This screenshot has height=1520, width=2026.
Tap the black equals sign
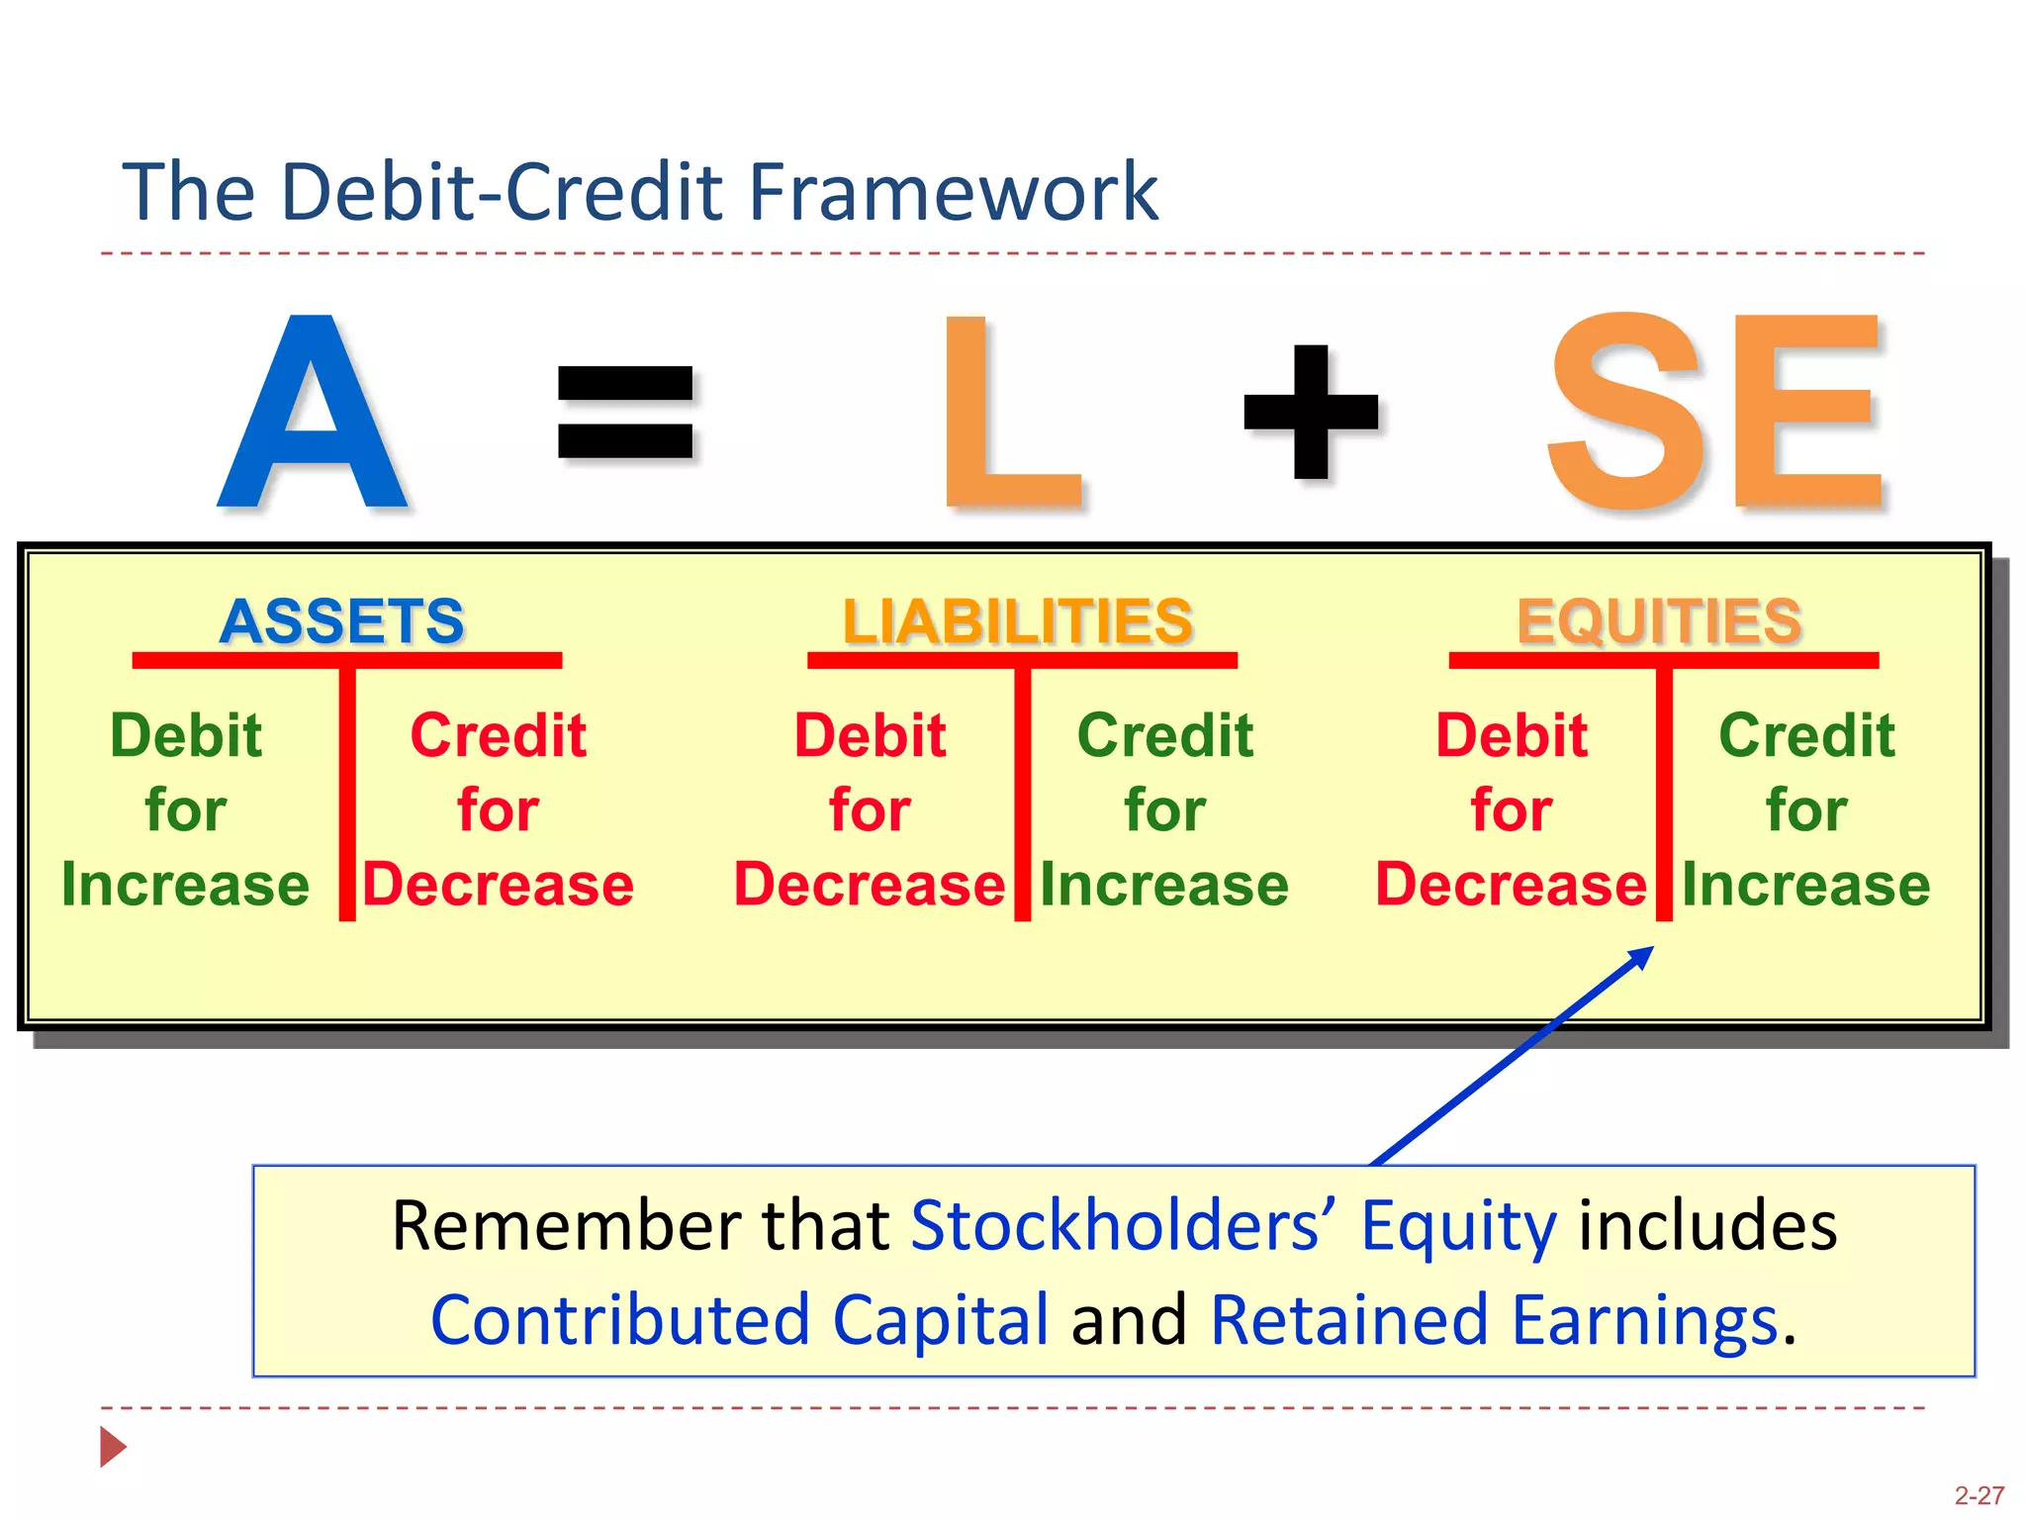[x=625, y=412]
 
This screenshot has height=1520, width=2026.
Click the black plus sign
[x=1311, y=412]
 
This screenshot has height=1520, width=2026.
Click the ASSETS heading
[x=342, y=621]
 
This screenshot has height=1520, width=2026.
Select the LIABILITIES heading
[x=1018, y=621]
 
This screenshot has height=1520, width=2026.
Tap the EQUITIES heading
[x=1660, y=621]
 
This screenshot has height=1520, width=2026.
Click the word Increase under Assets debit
[x=185, y=884]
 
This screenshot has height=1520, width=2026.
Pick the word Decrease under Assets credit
[x=498, y=884]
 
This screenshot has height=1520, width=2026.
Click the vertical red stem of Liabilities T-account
[x=1023, y=792]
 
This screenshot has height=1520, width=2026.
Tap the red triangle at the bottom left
[x=113, y=1447]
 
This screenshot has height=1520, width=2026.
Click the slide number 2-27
[x=1979, y=1495]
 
